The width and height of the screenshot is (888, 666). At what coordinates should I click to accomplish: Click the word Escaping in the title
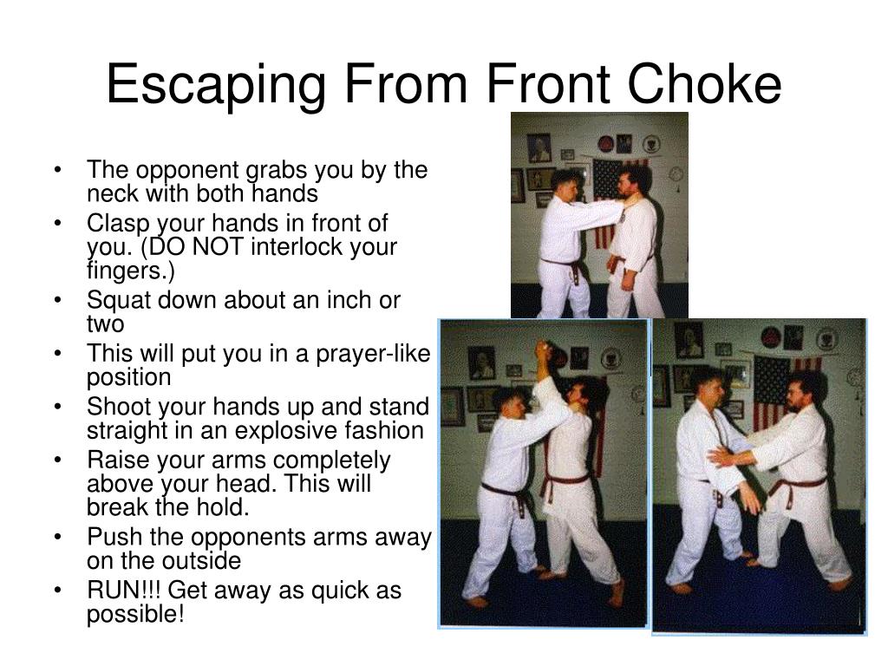pos(216,85)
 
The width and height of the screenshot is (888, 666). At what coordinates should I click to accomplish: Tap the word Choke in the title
pos(704,84)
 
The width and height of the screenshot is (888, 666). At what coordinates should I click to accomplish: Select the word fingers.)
pos(131,271)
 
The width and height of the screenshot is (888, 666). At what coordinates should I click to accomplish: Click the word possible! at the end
pos(135,615)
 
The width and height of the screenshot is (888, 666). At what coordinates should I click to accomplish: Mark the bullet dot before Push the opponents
pos(57,537)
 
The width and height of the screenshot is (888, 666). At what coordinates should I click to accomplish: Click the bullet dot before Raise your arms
pos(57,460)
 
